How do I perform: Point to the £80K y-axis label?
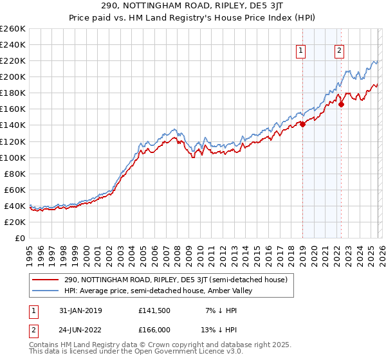14,174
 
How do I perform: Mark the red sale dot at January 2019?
302,124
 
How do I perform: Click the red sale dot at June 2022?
341,105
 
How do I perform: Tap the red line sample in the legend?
46,280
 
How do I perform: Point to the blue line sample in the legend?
46,291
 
